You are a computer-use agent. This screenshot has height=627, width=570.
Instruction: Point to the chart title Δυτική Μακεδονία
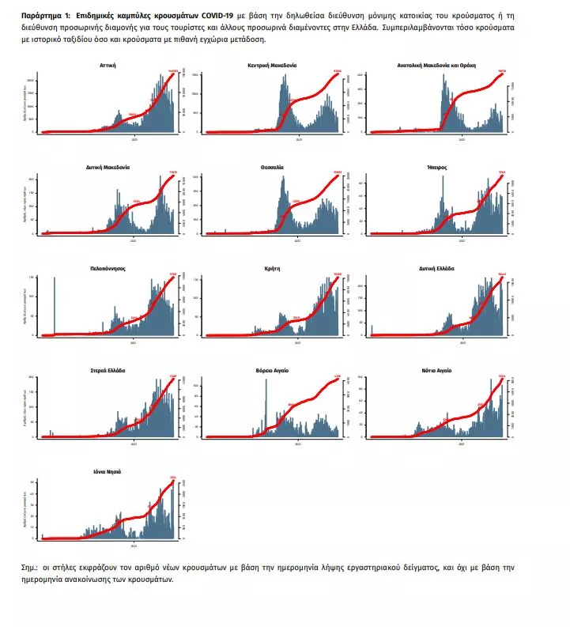(x=108, y=168)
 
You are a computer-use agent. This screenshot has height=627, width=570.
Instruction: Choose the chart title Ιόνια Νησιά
(x=108, y=471)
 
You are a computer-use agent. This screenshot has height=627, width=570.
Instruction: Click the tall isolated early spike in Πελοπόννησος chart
(x=55, y=305)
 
